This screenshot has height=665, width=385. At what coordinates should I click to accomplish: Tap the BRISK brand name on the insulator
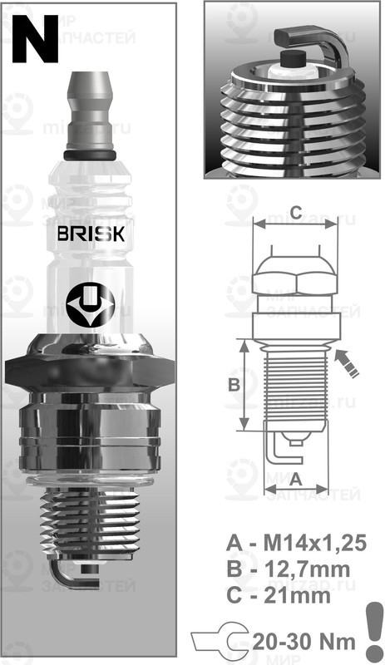tap(91, 234)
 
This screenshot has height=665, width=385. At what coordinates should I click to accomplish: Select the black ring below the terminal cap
tap(90, 155)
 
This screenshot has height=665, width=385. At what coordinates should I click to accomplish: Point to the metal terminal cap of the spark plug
tap(90, 108)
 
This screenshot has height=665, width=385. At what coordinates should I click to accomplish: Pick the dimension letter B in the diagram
tap(234, 384)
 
